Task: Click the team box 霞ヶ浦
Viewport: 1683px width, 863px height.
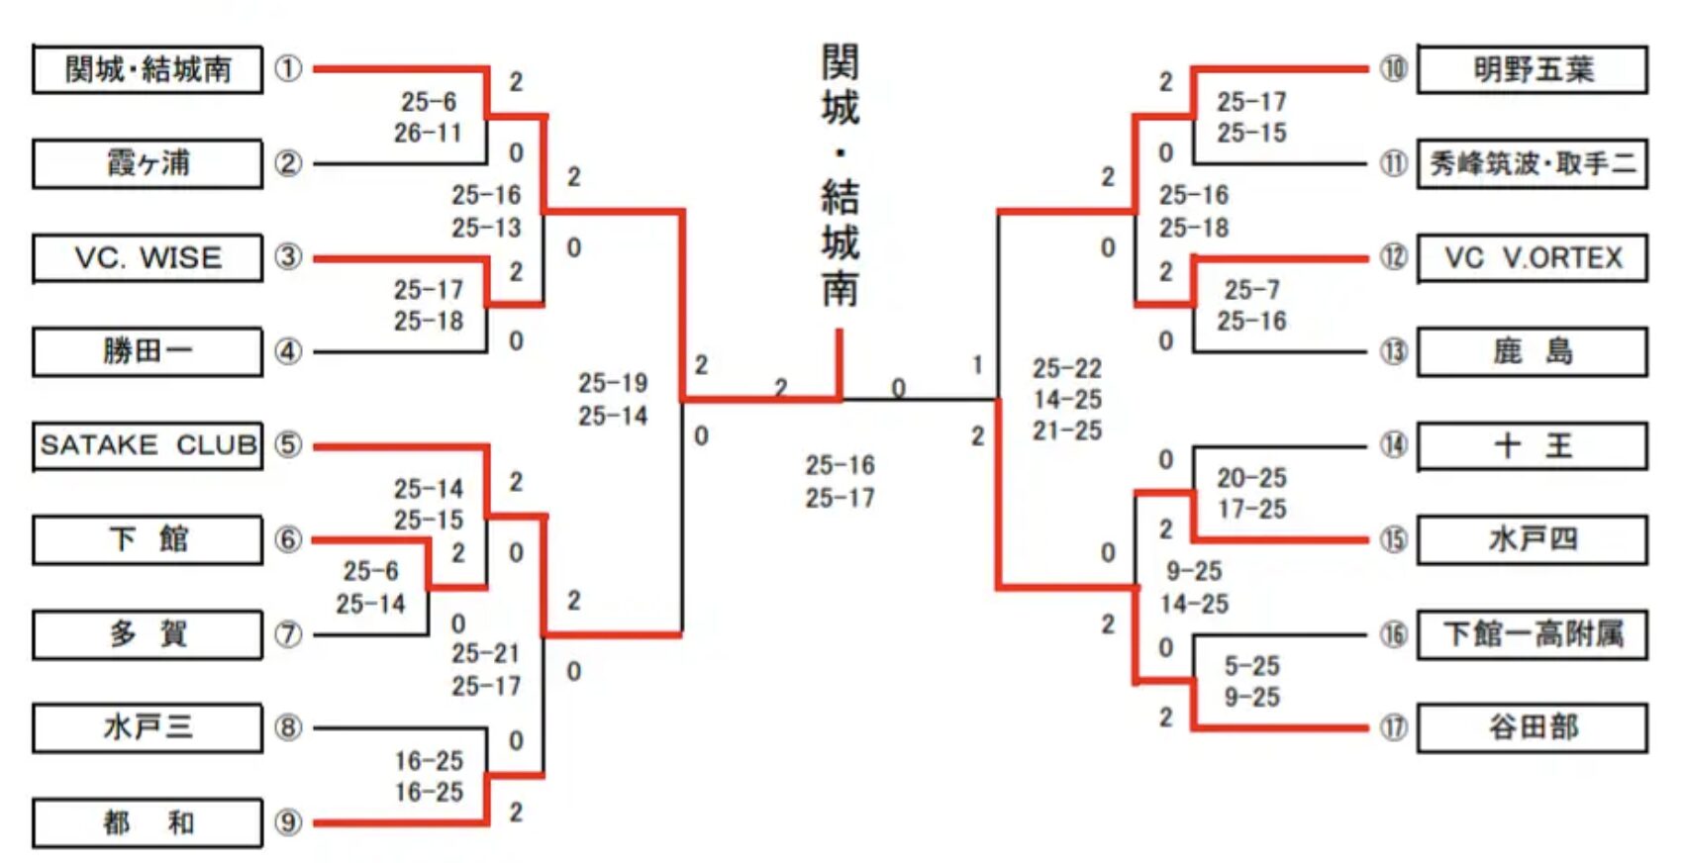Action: (148, 163)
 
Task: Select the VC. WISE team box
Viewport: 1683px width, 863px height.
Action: (148, 257)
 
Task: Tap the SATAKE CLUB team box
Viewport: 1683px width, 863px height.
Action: (148, 445)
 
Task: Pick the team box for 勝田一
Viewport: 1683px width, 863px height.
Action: (148, 351)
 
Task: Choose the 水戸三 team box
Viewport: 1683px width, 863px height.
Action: (148, 728)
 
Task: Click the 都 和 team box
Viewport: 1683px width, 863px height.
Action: (148, 822)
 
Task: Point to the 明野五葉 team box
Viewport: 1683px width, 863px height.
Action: (1533, 69)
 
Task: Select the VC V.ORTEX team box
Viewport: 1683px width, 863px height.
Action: (1533, 257)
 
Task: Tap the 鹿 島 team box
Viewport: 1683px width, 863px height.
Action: (1533, 351)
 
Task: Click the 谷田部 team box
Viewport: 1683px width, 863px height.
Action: (1533, 728)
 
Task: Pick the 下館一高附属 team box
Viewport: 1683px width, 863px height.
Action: (1533, 633)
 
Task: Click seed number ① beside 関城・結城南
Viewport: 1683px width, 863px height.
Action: (288, 69)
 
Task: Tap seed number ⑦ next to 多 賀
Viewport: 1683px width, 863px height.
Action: (288, 633)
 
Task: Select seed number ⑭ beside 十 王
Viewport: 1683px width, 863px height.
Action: (1394, 445)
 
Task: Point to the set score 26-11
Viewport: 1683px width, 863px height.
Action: (428, 133)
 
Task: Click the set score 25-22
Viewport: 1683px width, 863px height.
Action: (1066, 368)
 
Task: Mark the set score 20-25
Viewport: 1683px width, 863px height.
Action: (1251, 478)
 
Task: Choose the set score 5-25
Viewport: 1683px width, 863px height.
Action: (1251, 665)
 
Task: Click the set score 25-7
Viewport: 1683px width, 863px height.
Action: (1251, 289)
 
